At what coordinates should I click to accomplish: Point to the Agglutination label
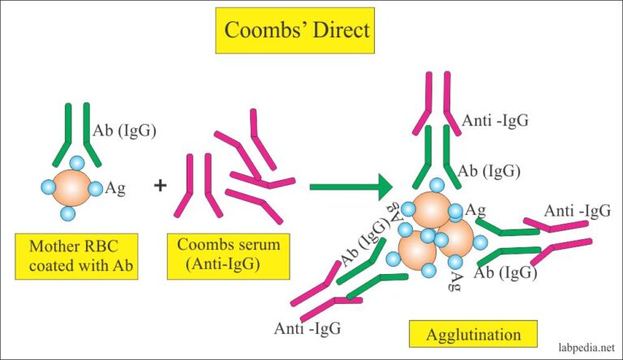tap(472, 333)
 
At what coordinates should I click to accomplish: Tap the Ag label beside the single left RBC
tap(115, 187)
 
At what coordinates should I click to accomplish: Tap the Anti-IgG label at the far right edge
tap(578, 212)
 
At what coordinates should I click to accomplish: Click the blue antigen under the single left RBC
tap(69, 215)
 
